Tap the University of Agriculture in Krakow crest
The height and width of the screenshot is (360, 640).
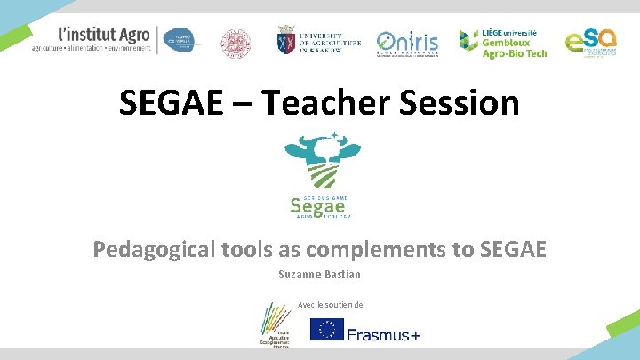click(x=287, y=41)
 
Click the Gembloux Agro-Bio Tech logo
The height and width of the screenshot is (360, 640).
click(x=503, y=42)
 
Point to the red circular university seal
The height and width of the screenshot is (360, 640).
click(x=236, y=42)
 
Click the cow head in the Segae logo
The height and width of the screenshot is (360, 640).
click(x=322, y=160)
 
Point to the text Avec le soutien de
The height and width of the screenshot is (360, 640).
click(x=330, y=305)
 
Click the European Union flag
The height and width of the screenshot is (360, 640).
click(x=326, y=330)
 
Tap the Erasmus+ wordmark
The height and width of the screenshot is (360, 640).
click(x=384, y=333)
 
